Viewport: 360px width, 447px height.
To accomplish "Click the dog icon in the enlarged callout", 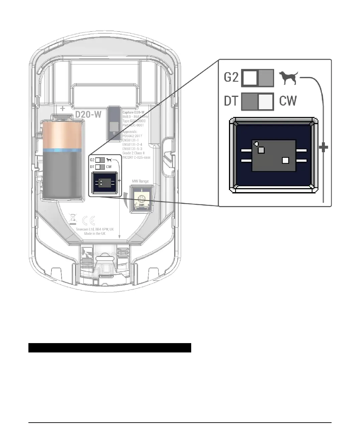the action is coord(288,78).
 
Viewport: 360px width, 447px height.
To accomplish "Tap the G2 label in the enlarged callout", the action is coord(231,78).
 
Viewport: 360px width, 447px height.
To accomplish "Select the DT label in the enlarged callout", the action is coord(231,101).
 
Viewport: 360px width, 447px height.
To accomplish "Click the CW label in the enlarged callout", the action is coord(288,101).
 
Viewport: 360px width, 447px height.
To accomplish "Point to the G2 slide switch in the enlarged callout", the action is coord(258,78).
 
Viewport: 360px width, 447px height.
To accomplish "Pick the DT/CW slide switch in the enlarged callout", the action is coord(258,102).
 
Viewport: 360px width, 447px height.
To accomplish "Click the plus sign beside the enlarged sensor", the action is coord(323,147).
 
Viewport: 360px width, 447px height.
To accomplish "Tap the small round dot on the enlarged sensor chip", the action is coord(256,144).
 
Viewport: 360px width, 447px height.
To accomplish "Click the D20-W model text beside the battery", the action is coord(88,114).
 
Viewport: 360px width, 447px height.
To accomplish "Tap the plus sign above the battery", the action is coord(63,108).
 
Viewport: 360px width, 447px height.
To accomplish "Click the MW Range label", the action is coord(140,181).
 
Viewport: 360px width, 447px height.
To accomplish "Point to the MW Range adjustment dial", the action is coord(141,199).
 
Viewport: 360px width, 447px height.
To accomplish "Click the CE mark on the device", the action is coord(89,220).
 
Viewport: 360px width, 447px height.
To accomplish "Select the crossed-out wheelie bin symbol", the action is coord(73,219).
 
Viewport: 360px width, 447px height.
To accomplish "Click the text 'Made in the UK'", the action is coord(95,234).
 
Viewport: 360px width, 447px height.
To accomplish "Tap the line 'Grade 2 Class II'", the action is coord(133,153).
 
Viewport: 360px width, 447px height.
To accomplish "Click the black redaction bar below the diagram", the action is coord(110,348).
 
